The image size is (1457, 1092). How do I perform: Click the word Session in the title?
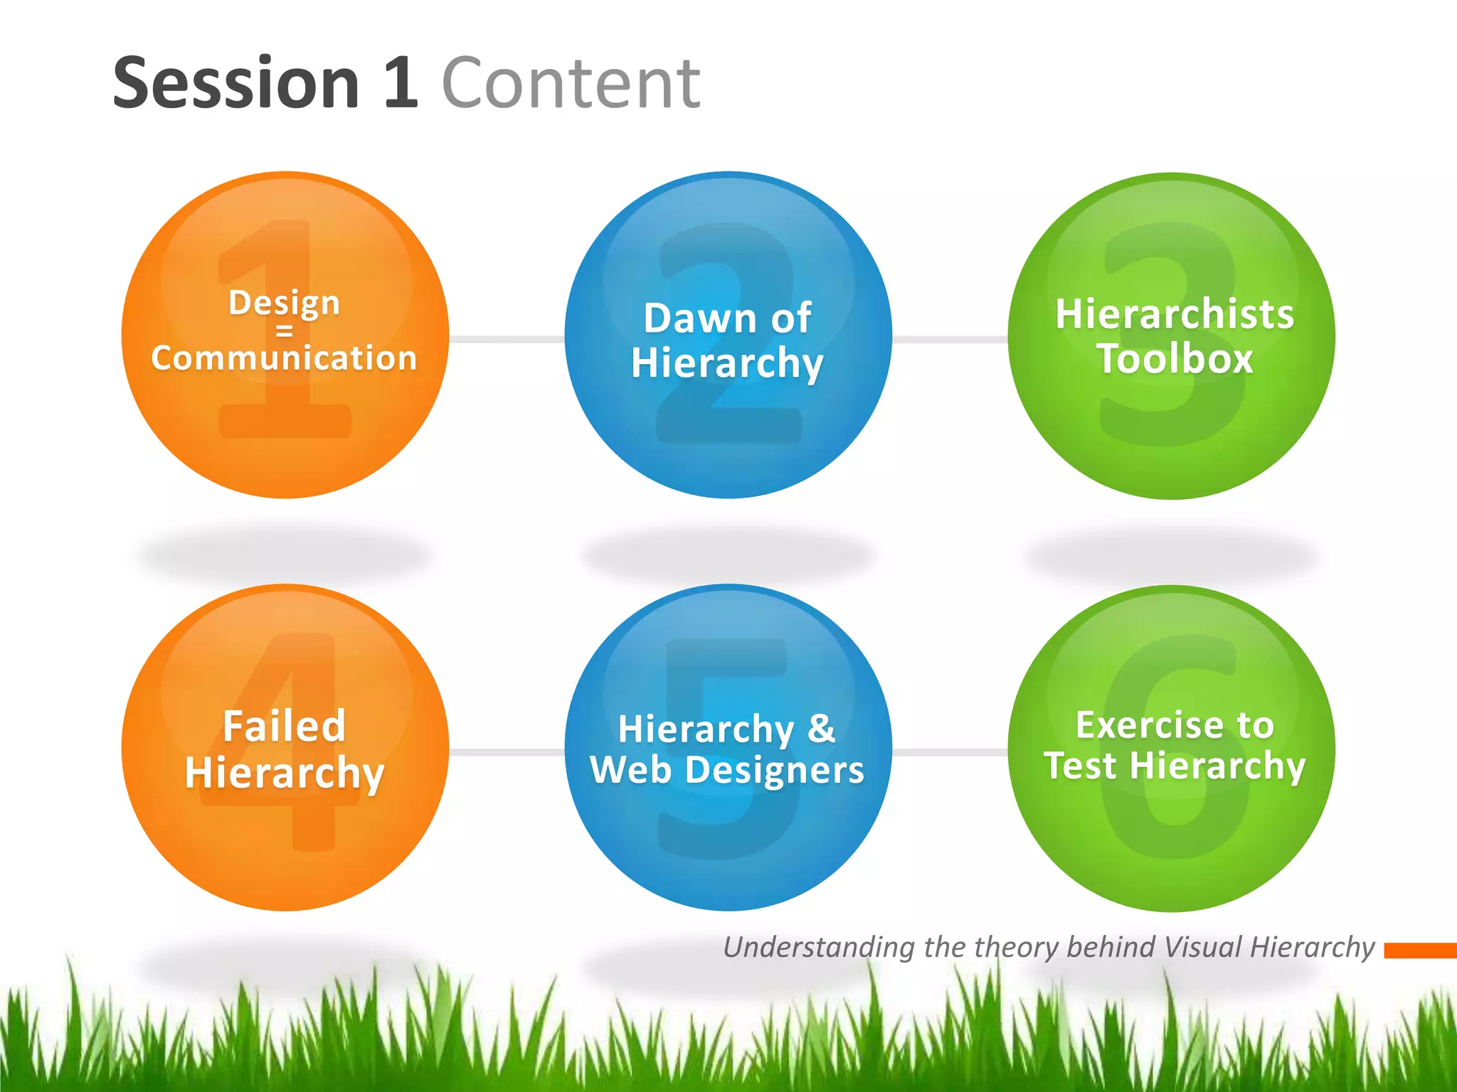coord(236,84)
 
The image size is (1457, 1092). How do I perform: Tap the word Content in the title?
coord(571,84)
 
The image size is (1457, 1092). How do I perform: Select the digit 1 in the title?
coord(401,84)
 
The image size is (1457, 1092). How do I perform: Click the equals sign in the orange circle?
coord(285,331)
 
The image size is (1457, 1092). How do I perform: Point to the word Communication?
coord(284,358)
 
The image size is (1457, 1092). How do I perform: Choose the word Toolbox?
coord(1175,358)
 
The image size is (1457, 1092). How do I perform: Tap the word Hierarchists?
coord(1175,314)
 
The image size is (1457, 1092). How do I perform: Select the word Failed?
coord(285,726)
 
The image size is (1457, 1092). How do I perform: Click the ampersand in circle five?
coord(821,728)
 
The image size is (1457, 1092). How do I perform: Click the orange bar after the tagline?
coord(1420,951)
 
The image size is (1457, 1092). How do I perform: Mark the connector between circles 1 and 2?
coord(507,339)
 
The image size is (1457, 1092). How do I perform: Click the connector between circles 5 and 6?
coord(950,751)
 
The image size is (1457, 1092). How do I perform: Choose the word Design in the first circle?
coord(285,304)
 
